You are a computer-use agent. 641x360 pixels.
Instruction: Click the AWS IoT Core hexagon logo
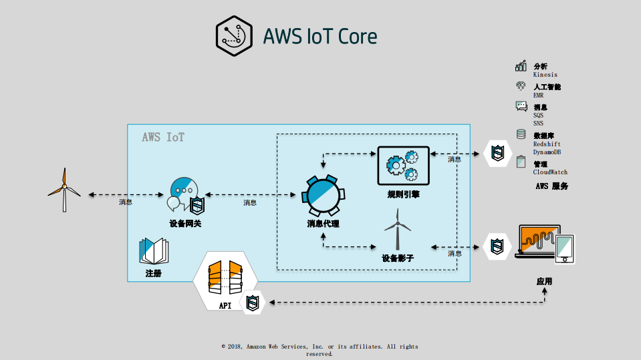pos(235,35)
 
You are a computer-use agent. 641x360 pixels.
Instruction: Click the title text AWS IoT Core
pos(320,36)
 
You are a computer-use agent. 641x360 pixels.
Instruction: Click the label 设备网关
pos(185,224)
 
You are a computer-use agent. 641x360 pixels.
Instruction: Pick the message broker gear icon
pos(324,194)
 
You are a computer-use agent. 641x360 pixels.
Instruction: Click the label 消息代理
pos(324,224)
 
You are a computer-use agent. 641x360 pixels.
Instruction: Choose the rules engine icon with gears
pos(402,165)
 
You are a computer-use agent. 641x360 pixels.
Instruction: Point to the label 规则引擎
pos(403,194)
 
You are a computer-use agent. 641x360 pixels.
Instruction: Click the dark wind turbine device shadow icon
pos(397,228)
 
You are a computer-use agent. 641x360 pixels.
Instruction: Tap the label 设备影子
pos(398,258)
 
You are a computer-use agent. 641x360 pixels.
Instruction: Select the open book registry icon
pos(154,251)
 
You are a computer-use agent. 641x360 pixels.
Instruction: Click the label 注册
pos(153,274)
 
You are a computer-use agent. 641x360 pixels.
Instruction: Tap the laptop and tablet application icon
pos(545,245)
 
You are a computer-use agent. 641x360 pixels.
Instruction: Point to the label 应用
pos(545,281)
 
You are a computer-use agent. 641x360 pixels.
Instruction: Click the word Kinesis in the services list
pos(545,75)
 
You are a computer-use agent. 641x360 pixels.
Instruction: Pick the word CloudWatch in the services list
pos(550,172)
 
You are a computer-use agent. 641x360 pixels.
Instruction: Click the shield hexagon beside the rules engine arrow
pos(497,154)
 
